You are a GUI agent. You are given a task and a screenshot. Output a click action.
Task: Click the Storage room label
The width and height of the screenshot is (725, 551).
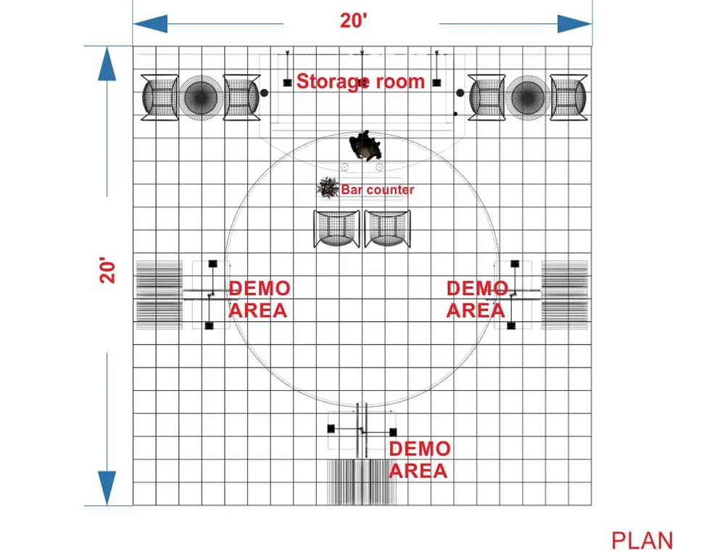360,81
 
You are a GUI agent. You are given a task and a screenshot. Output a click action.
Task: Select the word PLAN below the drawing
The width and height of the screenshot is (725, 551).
642,540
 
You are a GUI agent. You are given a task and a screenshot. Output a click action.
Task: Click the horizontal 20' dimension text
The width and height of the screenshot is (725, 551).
355,22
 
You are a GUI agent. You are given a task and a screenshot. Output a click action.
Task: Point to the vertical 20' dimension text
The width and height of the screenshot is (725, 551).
107,270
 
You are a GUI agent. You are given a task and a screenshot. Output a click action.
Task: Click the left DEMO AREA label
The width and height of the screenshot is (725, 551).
259,299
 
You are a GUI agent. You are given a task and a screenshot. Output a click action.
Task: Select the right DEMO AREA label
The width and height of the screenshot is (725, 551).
476,299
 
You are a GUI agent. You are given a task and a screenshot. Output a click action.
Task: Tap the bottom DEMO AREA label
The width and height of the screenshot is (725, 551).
419,460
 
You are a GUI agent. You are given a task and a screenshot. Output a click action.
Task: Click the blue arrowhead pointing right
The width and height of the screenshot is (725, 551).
575,23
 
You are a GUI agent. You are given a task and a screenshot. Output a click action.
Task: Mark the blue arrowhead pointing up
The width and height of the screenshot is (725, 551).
107,63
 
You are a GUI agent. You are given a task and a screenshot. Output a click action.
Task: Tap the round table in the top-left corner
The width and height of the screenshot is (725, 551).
200,96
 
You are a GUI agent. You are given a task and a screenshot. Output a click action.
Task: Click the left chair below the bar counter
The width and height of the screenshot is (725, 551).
336,229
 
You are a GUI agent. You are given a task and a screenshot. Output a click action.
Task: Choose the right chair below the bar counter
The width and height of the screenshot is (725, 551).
388,229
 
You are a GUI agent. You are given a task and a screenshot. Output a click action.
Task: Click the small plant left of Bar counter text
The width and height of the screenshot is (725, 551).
328,188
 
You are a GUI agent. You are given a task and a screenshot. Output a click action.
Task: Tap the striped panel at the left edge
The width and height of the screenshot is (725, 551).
158,294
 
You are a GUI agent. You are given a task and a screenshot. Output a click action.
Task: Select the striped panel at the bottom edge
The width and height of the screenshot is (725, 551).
364,481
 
